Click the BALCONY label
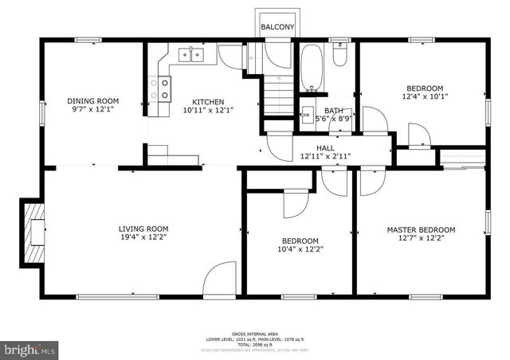tap(277, 28)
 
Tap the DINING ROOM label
tap(92, 101)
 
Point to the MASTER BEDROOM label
tap(421, 230)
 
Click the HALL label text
tap(325, 148)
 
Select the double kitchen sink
tap(191, 54)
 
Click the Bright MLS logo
tap(29, 349)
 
